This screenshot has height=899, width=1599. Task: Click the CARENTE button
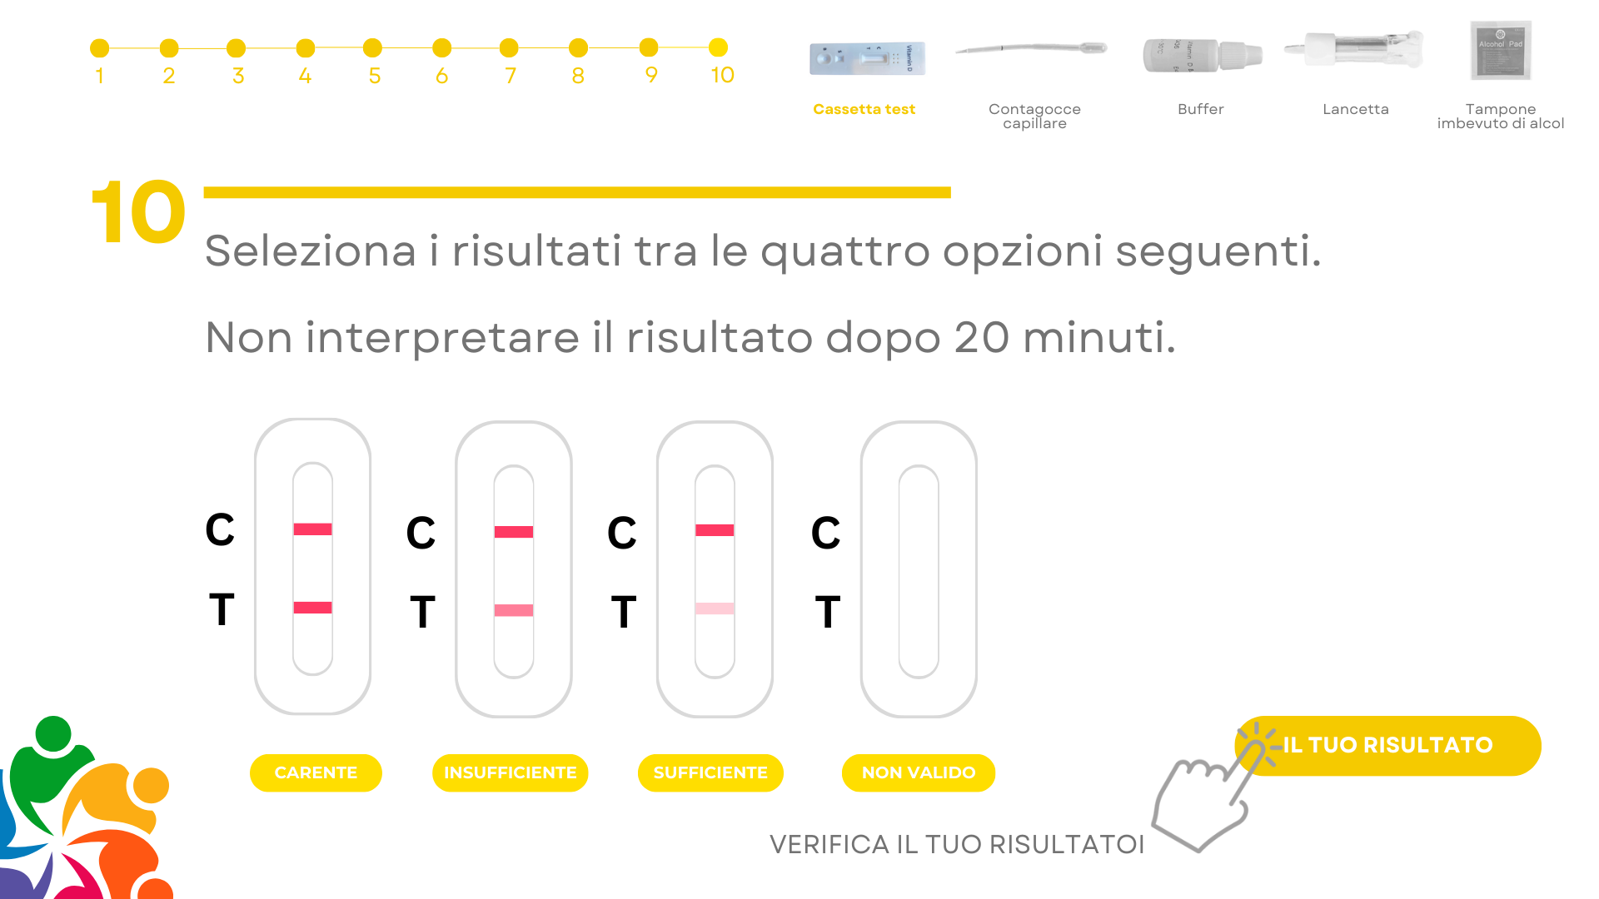pyautogui.click(x=316, y=772)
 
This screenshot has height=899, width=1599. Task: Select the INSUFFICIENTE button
pyautogui.click(x=510, y=772)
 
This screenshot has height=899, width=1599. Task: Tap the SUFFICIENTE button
pyautogui.click(x=710, y=772)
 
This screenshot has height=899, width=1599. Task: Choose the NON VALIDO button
pyautogui.click(x=919, y=772)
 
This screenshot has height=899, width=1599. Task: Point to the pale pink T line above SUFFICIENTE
pyautogui.click(x=715, y=608)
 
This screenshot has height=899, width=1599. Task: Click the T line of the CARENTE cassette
pyautogui.click(x=312, y=608)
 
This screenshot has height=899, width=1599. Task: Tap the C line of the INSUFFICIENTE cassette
pyautogui.click(x=514, y=532)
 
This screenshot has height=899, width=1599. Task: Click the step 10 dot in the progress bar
pyautogui.click(x=718, y=47)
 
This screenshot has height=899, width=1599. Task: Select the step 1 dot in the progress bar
pyautogui.click(x=100, y=48)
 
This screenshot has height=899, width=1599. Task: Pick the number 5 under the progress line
pyautogui.click(x=375, y=76)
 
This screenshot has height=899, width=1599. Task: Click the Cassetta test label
pyautogui.click(x=864, y=109)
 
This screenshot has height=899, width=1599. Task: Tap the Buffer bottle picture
pyautogui.click(x=1203, y=55)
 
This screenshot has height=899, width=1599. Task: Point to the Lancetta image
pyautogui.click(x=1354, y=49)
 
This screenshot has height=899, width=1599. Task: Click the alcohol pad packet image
pyautogui.click(x=1501, y=50)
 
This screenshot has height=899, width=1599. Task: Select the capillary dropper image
pyautogui.click(x=1031, y=48)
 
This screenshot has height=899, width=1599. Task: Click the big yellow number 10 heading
pyautogui.click(x=138, y=212)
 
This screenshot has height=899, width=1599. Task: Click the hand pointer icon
pyautogui.click(x=1208, y=791)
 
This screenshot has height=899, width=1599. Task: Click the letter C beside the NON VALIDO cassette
pyautogui.click(x=826, y=533)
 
